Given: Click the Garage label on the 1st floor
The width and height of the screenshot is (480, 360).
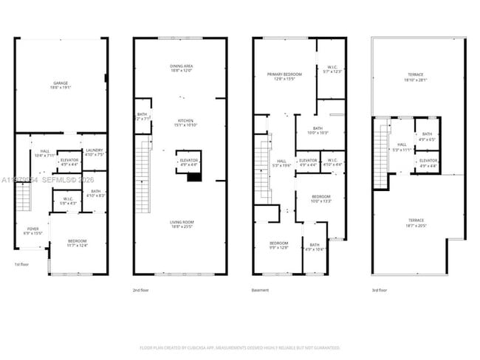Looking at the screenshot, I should (61, 84).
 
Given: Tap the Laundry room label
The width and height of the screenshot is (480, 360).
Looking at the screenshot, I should (93, 151).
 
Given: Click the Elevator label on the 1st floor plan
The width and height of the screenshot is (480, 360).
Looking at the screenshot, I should (69, 162).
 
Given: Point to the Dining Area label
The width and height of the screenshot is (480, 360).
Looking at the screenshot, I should (180, 68).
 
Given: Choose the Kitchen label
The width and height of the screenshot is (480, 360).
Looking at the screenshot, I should (180, 122).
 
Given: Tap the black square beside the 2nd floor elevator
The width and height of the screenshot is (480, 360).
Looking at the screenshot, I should (194, 177).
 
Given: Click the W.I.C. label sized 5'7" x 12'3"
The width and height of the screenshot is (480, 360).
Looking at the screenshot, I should (331, 70).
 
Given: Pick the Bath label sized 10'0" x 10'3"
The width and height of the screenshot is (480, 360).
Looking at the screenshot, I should (318, 130).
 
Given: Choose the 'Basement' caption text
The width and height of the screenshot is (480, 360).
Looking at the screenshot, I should (260, 290).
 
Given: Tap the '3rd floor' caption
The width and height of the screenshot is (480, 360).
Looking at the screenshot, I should (380, 290).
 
